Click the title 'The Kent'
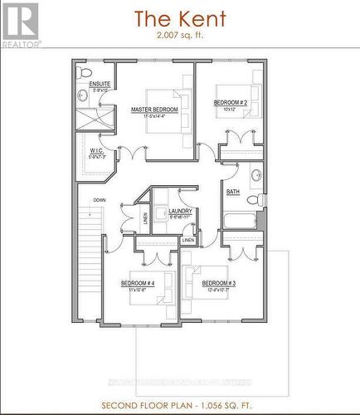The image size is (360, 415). pyautogui.click(x=179, y=17)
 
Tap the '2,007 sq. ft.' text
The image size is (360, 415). pyautogui.click(x=179, y=36)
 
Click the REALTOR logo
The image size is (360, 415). pyautogui.click(x=20, y=23)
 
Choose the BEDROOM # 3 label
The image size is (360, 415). pyautogui.click(x=220, y=283)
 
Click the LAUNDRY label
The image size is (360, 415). pyautogui.click(x=180, y=211)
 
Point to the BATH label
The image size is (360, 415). pyautogui.click(x=234, y=192)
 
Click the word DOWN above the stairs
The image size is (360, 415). pyautogui.click(x=99, y=200)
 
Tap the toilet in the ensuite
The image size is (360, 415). pyautogui.click(x=86, y=72)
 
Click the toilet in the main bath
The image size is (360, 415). pyautogui.click(x=260, y=199)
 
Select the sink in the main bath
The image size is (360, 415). pyautogui.click(x=257, y=175)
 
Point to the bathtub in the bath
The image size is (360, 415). pyautogui.click(x=239, y=222)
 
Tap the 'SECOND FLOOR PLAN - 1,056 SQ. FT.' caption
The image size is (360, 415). pyautogui.click(x=179, y=405)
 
